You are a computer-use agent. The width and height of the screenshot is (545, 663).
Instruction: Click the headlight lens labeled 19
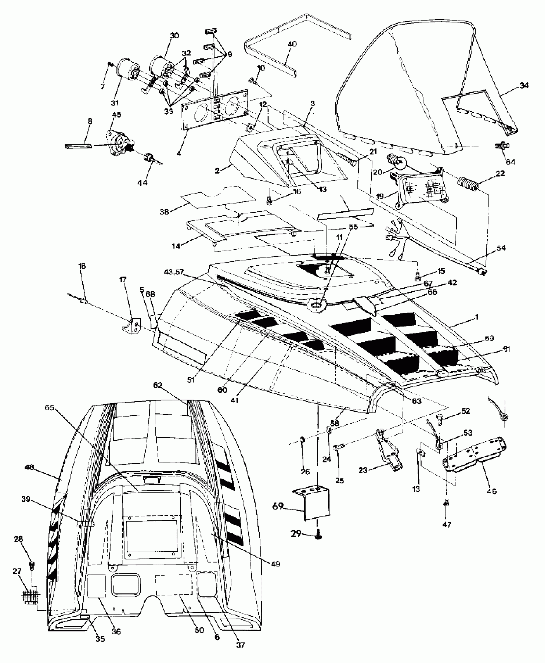[x=420, y=189]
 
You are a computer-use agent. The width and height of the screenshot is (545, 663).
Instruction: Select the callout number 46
[x=491, y=491]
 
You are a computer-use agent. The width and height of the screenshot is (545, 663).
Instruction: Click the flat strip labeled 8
[x=78, y=146]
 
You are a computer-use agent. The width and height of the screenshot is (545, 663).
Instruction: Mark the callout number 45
[x=116, y=114]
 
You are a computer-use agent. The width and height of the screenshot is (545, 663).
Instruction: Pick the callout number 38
[x=164, y=212]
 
